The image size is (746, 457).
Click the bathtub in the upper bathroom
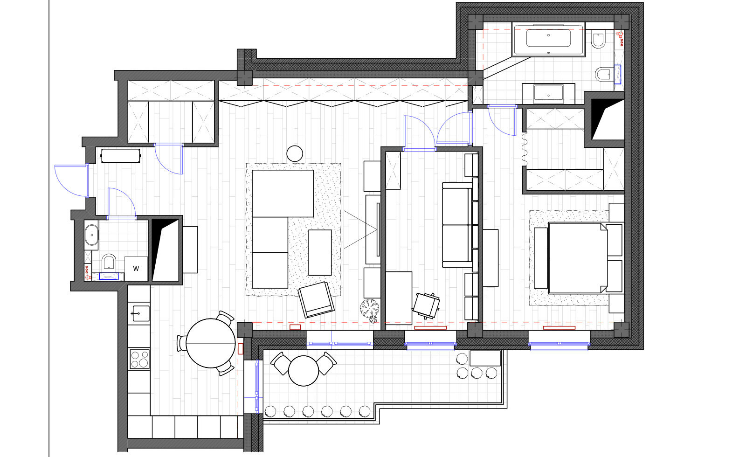click(x=548, y=39)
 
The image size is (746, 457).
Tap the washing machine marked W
click(x=136, y=269)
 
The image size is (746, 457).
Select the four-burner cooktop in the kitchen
click(x=139, y=359)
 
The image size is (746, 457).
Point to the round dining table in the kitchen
click(x=210, y=343)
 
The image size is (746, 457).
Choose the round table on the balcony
click(x=304, y=371)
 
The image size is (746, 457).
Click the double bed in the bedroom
click(x=578, y=258)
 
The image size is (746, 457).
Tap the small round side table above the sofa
click(x=295, y=154)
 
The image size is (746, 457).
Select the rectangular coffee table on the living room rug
click(x=320, y=252)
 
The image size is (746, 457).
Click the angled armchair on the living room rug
click(x=316, y=299)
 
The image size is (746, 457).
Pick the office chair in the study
click(x=426, y=305)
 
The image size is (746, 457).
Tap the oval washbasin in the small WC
click(x=91, y=235)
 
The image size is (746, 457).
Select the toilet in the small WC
click(x=109, y=263)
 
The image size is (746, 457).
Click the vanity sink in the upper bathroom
click(x=548, y=94)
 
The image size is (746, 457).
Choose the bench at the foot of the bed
click(x=540, y=258)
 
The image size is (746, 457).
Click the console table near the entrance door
click(x=121, y=156)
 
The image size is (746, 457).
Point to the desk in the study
click(x=399, y=298)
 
